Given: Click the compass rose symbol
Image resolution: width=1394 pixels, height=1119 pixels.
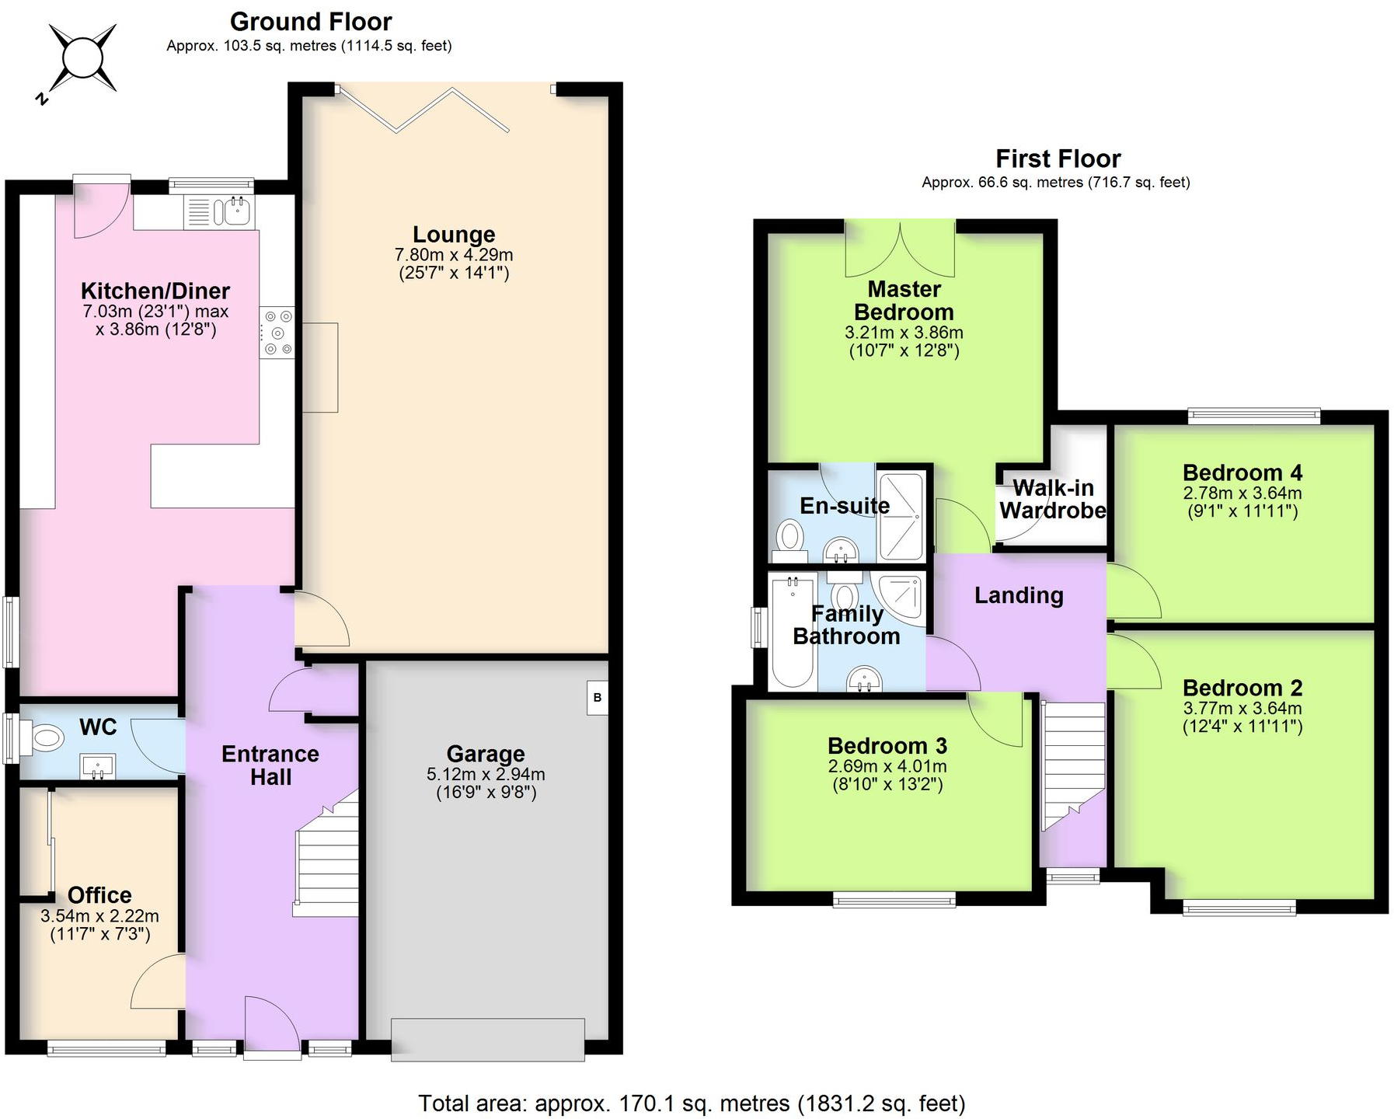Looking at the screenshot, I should coord(82,58).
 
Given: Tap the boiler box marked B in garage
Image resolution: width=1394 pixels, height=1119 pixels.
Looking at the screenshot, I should coord(597,697).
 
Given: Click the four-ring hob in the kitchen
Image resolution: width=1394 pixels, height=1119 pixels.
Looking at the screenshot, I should coord(277,333).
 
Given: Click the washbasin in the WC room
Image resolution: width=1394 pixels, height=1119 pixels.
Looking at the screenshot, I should coord(97,766).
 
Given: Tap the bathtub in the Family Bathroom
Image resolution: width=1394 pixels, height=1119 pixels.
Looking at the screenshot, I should coord(792,630).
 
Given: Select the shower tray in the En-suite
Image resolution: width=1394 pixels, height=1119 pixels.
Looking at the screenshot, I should coord(901,515).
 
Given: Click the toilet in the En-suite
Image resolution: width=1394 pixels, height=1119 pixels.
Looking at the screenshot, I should coord(790,536).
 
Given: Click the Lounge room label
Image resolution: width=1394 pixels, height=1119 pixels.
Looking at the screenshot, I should coord(454,234).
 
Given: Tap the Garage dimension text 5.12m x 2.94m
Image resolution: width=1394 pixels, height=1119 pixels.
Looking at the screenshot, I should coord(486,774).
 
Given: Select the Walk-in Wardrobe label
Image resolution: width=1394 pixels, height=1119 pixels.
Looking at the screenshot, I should coord(1053,499).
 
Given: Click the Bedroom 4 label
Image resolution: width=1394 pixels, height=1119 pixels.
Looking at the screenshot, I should coord(1242,472).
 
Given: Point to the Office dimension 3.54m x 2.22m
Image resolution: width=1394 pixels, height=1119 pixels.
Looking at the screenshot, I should coord(99,915).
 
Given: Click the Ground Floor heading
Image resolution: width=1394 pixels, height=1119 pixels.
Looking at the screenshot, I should coord(311,21).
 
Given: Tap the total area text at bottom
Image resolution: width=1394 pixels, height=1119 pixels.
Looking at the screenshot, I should coord(692,1103).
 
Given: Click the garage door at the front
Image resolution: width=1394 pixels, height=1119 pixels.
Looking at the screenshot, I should coord(487,1039).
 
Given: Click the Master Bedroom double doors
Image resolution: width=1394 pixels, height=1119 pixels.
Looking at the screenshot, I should coord(900,249).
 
